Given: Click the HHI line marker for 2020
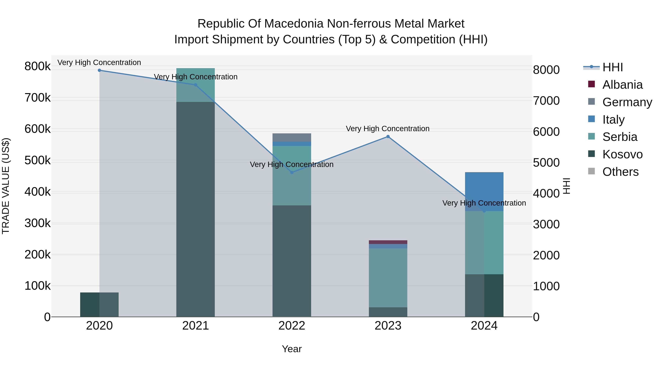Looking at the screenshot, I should pos(99,70).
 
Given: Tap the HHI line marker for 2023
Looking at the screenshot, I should pos(388,136).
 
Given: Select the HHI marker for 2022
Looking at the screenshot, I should pos(292,172).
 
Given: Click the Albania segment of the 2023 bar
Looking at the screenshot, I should pos(388,242).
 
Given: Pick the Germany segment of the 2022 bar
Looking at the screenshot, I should pos(292,137).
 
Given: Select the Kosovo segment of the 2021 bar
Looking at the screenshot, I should pos(196,209).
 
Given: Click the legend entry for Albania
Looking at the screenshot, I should pos(622,85).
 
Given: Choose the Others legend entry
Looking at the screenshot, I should pos(620,172).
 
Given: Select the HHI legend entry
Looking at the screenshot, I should pos(612,67).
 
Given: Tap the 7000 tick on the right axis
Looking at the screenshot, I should pos(546,101).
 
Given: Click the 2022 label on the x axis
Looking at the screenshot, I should pos(292,326).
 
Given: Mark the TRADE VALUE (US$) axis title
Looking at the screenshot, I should pos(6,186).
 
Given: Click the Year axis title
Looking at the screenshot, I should pos(292,349).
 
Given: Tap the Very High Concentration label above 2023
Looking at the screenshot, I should pos(387,129).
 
